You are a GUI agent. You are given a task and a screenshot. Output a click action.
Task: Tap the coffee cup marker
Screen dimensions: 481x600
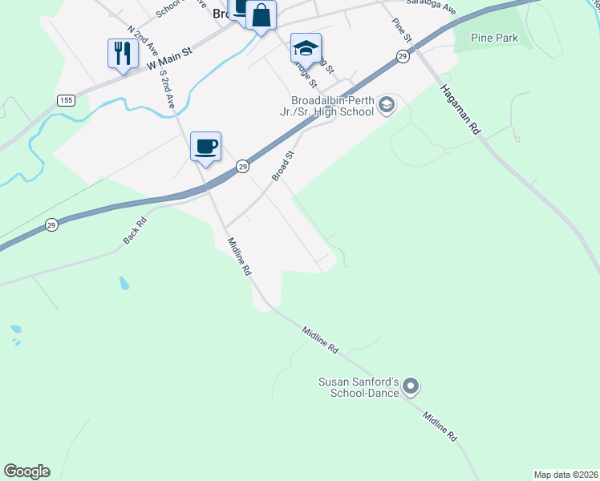click(206, 147)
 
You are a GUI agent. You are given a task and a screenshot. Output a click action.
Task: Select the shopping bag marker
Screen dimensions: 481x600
click(261, 15)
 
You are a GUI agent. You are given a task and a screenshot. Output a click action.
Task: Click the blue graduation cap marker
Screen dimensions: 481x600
click(306, 48)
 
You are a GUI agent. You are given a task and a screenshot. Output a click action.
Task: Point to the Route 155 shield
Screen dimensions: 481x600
click(66, 99)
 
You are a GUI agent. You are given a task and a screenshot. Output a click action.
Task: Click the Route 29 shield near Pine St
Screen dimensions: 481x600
click(403, 55)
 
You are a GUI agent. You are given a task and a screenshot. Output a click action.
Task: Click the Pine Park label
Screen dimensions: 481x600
click(495, 38)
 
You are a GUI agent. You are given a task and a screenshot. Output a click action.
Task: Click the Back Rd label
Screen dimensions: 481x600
click(135, 232)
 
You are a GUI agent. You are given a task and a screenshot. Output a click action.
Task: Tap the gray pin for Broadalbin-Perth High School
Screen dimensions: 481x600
click(387, 105)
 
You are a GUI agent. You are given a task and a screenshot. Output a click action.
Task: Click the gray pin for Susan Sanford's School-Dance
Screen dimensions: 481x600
click(411, 387)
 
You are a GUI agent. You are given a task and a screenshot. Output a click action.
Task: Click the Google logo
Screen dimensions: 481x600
click(26, 471)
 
